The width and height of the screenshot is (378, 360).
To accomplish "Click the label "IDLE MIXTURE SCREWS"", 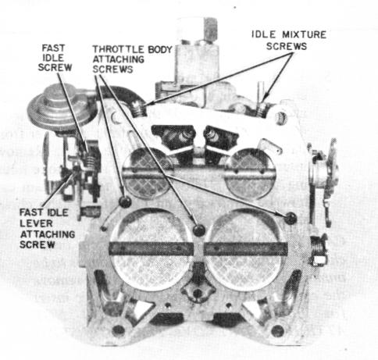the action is click(x=289, y=41).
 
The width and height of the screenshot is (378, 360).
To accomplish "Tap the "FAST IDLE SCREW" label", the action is click(x=55, y=58).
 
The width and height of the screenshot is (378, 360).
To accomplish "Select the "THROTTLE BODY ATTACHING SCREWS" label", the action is click(x=132, y=59).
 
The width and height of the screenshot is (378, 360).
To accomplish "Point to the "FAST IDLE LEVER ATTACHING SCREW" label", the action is click(x=47, y=229).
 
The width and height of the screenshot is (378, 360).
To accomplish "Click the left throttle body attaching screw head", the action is click(x=125, y=201).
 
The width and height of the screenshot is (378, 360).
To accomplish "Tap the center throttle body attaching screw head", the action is click(x=199, y=230).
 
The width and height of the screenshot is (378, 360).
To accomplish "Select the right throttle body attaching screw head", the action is click(x=291, y=218).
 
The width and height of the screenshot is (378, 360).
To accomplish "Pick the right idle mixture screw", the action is click(x=262, y=109).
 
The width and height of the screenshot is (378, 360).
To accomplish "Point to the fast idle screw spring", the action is click(x=89, y=161).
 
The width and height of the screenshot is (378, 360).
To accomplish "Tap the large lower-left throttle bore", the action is click(x=152, y=250).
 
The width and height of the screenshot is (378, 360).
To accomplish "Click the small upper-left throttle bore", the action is click(x=148, y=173).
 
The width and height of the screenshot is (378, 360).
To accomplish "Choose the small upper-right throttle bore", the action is click(x=250, y=173).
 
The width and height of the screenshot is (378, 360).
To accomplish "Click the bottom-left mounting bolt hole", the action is click(x=118, y=330).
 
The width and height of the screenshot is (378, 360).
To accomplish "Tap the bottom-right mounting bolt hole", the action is click(x=277, y=330).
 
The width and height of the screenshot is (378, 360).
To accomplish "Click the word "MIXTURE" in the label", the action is click(x=304, y=34).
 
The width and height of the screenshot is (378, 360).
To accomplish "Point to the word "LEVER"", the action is click(x=36, y=223).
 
